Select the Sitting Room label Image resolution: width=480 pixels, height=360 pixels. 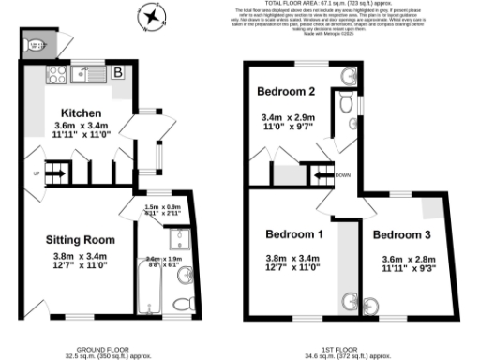coord(80,240)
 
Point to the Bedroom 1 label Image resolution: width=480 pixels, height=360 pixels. coord(293,233)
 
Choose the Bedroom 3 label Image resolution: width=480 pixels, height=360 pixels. coord(401,234)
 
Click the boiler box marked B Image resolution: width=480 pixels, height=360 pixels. coord(118,71)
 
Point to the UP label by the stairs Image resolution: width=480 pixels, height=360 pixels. coord(37,173)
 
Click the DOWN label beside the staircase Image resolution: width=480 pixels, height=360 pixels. coord(343,174)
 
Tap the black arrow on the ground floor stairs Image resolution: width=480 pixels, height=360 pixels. coord(56,172)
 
